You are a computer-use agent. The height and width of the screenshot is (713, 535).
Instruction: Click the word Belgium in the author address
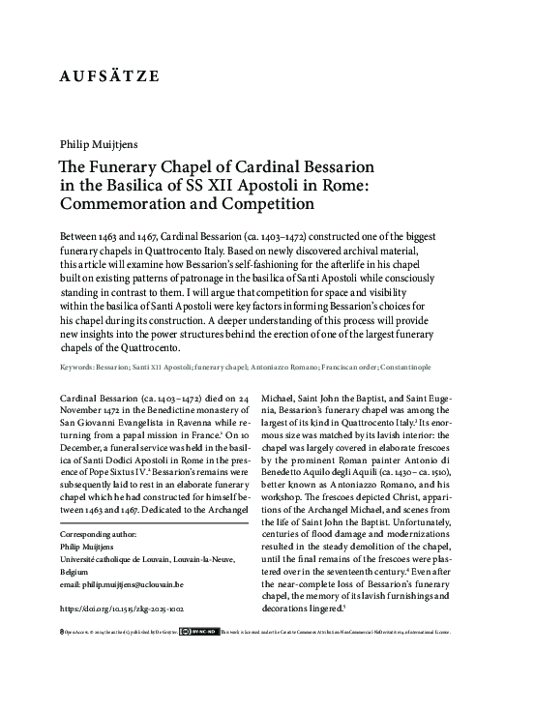[x=76, y=572]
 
